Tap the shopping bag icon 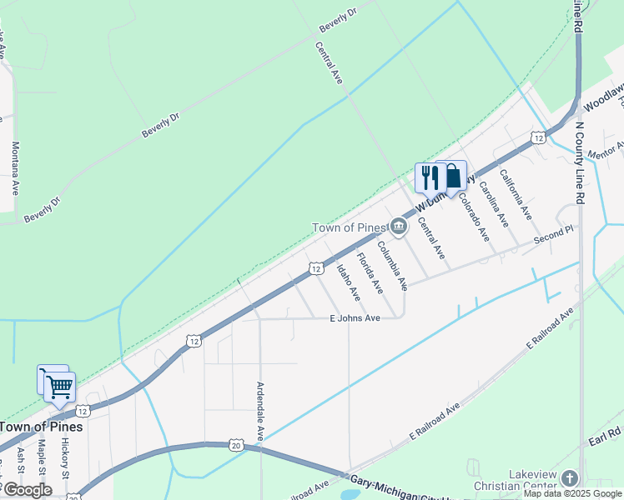[452, 176]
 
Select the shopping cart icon [58, 386]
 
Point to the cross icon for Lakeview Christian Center [570, 477]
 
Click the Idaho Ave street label [348, 282]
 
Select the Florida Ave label [370, 272]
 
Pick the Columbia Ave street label [392, 266]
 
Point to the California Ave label [516, 194]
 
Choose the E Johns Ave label [355, 317]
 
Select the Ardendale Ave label [260, 411]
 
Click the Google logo [27, 490]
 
